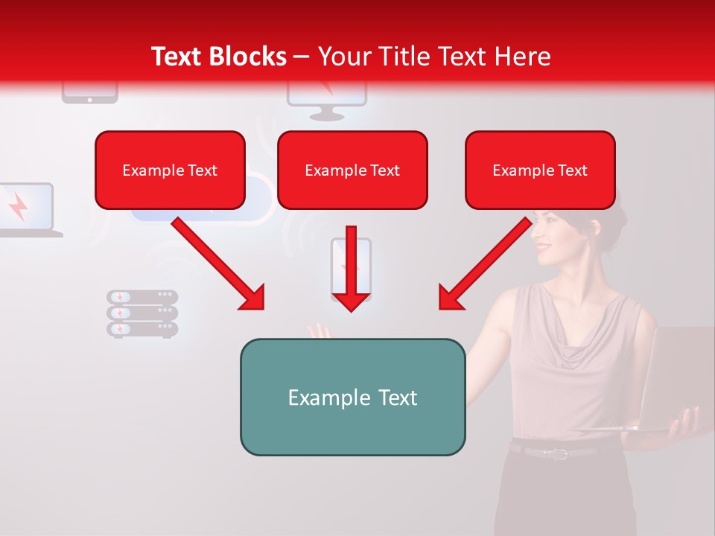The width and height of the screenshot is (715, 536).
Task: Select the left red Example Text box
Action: tap(170, 170)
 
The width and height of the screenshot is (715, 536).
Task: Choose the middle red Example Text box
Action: tap(352, 170)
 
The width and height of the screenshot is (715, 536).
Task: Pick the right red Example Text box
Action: tap(540, 170)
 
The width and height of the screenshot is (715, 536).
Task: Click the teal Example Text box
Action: tap(352, 397)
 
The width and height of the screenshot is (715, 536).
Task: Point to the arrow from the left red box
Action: tap(217, 264)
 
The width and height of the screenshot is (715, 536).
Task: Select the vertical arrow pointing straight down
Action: tap(351, 268)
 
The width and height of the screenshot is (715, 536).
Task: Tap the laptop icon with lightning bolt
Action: tap(25, 210)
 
